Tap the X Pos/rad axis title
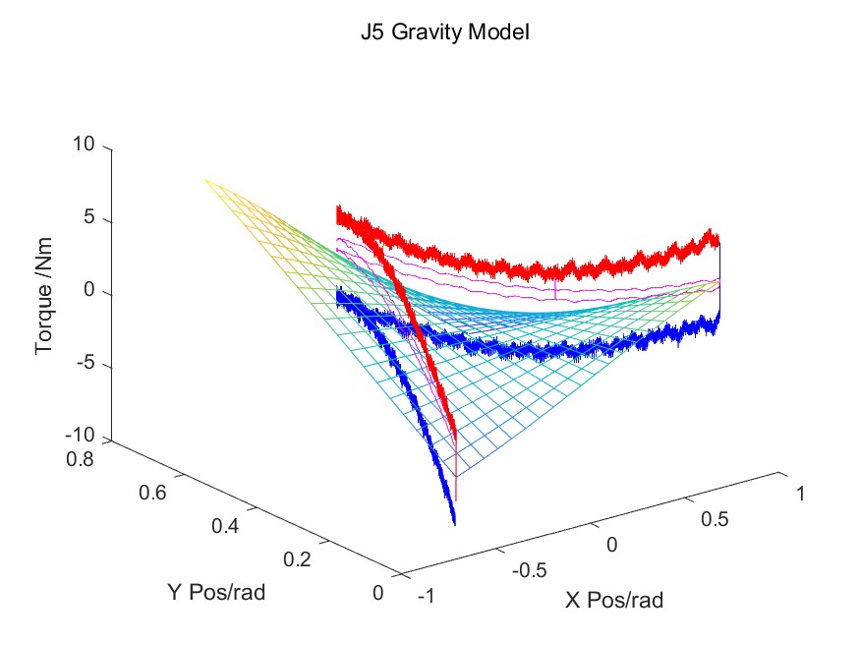point(614,600)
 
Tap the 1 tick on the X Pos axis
point(800,495)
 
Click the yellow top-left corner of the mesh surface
point(205,180)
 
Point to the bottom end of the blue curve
point(454,522)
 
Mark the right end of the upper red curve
point(718,239)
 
